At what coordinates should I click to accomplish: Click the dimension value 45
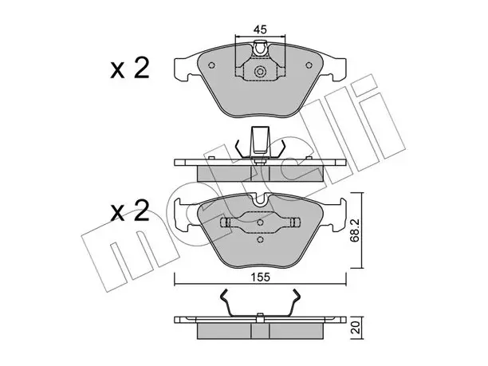pyautogui.click(x=260, y=30)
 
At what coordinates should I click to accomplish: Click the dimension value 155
pyautogui.click(x=260, y=277)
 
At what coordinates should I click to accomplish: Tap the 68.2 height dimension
pyautogui.click(x=355, y=230)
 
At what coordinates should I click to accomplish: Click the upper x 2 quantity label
pyautogui.click(x=130, y=69)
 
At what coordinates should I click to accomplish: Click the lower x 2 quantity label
pyautogui.click(x=130, y=211)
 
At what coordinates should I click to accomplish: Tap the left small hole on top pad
pyautogui.click(x=211, y=65)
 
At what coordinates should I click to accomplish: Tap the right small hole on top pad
pyautogui.click(x=309, y=65)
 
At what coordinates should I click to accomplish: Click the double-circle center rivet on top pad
pyautogui.click(x=260, y=72)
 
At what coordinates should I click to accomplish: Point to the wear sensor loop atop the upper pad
pyautogui.click(x=260, y=48)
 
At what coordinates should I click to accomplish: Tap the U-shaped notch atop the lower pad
pyautogui.click(x=260, y=199)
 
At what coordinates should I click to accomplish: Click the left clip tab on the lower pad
pyautogui.click(x=226, y=222)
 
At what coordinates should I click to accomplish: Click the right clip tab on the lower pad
pyautogui.click(x=294, y=222)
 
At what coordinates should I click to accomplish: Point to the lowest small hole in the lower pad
pyautogui.click(x=261, y=239)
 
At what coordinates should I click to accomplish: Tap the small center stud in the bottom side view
pyautogui.click(x=260, y=315)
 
